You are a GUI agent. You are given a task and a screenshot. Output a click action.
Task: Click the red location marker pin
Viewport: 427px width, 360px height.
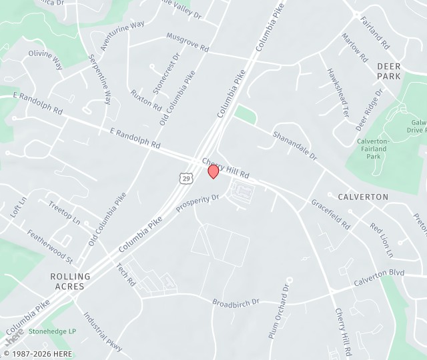213,171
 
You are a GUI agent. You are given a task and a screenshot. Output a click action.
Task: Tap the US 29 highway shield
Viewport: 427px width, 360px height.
186,177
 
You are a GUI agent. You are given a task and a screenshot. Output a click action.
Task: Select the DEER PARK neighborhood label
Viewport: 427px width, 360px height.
389,71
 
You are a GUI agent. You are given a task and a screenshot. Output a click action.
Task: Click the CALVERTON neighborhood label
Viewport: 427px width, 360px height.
363,197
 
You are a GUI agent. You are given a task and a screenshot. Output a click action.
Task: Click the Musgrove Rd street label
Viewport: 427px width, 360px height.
187,42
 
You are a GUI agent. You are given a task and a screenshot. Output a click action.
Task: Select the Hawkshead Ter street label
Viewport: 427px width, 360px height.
338,93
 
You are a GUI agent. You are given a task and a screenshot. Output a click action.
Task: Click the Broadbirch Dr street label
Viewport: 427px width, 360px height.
236,303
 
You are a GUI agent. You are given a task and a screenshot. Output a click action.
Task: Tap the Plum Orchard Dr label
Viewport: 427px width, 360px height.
277,312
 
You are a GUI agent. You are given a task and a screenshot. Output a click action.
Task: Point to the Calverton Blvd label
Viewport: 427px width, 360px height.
379,277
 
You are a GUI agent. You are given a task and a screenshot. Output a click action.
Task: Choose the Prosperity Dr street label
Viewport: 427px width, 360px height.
197,203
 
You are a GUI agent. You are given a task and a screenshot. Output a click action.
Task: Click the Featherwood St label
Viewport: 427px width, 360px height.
49,245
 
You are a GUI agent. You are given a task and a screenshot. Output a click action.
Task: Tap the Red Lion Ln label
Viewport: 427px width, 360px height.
382,240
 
